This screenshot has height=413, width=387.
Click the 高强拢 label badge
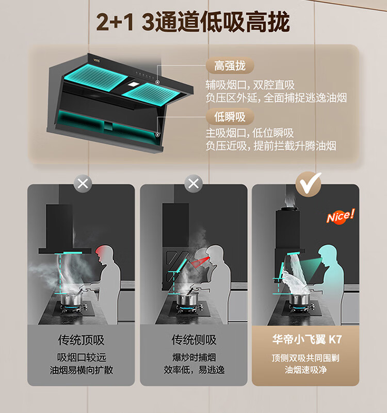coord(230,66)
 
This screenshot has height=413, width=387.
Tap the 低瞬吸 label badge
coord(230,117)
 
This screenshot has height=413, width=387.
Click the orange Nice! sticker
coord(341,216)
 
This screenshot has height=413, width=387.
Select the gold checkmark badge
coord(309,184)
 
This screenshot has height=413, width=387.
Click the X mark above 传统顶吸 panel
coord(83,184)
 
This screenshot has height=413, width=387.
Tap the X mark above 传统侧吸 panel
coord(193,184)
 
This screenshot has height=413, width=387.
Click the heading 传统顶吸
coord(81,340)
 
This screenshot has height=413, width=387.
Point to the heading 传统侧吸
coord(194,340)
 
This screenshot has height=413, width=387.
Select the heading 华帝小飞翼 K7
coord(307,339)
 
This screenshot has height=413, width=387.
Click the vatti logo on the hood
coord(96,60)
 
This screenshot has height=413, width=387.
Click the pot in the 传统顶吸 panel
coord(72,299)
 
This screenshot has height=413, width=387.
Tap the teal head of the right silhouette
coord(326,252)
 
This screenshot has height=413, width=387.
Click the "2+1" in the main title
coord(115,23)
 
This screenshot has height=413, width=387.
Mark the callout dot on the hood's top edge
coord(157,82)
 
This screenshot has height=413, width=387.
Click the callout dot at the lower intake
coord(157,134)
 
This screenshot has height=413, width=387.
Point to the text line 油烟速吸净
coord(305,370)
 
